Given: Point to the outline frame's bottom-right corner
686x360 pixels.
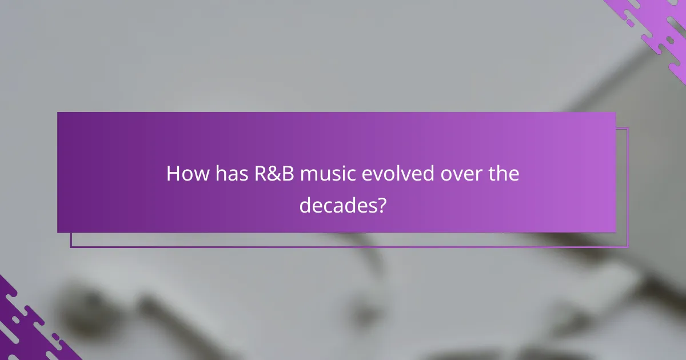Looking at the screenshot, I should tap(628, 247).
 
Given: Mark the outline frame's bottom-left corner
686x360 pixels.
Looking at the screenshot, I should tap(71, 247).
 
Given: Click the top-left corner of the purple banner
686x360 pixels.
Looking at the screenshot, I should tap(58, 113).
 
